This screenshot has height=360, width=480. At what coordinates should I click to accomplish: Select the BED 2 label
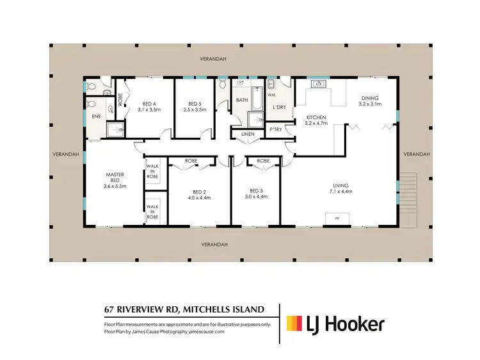point(200,195)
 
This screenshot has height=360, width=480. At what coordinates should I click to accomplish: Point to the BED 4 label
point(148,106)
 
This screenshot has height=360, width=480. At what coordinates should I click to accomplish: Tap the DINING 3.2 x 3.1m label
point(369,101)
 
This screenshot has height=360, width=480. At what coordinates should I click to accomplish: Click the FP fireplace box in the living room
point(337,219)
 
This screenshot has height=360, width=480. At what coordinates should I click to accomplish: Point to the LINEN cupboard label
point(248,134)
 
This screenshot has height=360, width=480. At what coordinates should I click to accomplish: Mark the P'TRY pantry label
point(276,130)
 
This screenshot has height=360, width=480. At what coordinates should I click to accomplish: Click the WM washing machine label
point(271,95)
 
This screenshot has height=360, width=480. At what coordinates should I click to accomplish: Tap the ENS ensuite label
point(96,117)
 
